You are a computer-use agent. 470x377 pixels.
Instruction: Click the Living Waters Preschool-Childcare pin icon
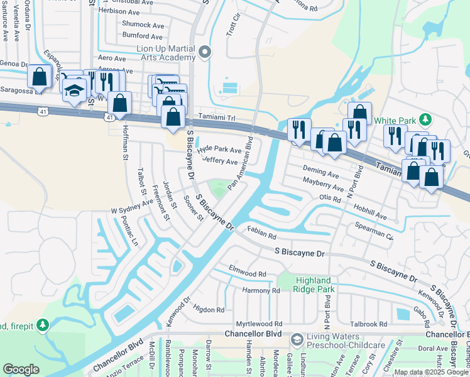tap(297, 339)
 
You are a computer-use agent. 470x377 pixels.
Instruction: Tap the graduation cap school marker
tap(75, 91)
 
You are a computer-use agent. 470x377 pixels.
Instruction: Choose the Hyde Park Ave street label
tap(219, 150)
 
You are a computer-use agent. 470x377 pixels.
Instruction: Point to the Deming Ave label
tap(320, 171)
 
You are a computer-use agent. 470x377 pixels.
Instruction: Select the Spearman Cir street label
tap(374, 232)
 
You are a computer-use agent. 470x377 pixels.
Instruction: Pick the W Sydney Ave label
tap(132, 205)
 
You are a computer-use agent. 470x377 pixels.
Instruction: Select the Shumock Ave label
tap(143, 25)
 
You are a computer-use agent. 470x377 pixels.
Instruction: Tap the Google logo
tap(21, 369)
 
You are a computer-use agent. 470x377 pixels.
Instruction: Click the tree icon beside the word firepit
tap(42, 325)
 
